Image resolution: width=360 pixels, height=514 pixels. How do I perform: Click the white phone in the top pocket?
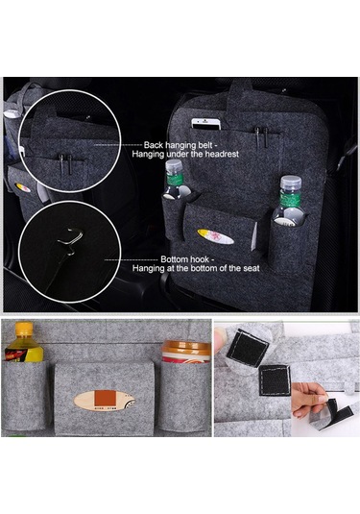click(206, 124)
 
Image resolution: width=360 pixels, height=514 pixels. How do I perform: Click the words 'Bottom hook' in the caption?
click(184, 259)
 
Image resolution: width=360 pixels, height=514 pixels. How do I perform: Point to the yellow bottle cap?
click(24, 329)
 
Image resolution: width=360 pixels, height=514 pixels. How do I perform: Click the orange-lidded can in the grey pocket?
click(186, 352)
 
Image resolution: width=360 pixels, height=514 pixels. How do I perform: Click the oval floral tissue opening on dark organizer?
click(215, 236)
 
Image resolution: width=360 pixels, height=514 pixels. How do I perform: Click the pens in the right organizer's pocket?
click(261, 135)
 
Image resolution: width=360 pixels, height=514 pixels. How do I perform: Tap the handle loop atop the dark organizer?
click(240, 93)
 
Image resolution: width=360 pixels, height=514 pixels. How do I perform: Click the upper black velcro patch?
click(248, 347)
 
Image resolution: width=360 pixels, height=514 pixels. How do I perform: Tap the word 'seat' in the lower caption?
click(252, 268)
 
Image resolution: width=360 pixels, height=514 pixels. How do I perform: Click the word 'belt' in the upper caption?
click(205, 145)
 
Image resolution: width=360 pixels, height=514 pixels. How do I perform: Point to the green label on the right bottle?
click(290, 197)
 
